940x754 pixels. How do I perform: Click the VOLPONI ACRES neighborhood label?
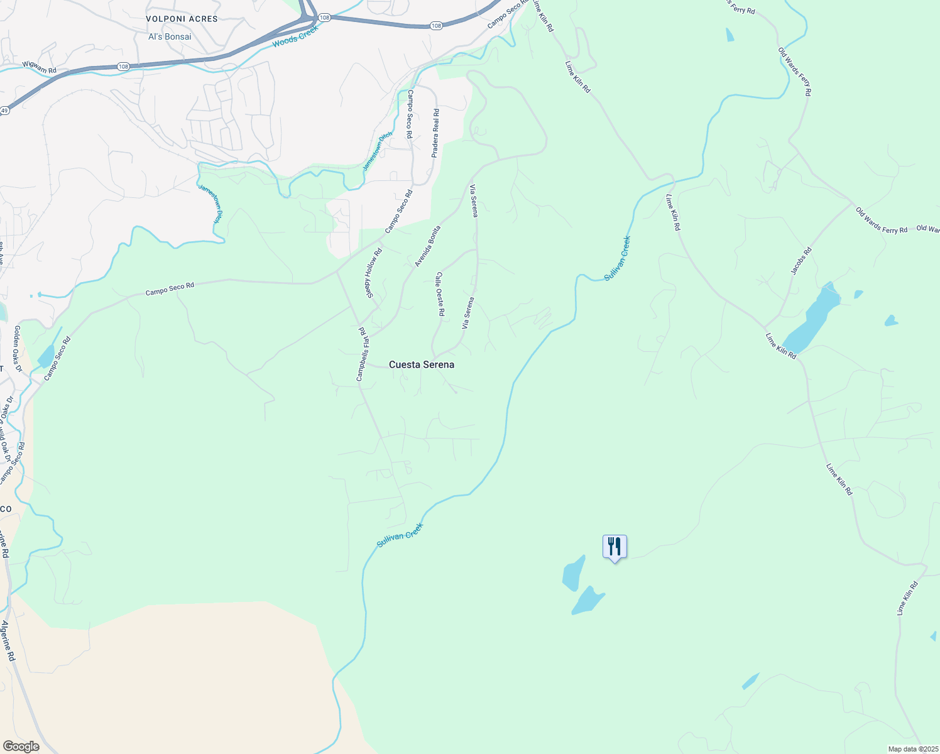(182, 19)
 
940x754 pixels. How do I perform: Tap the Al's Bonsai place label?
(170, 36)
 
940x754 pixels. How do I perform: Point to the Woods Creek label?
(295, 37)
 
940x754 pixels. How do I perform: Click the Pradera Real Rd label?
(435, 133)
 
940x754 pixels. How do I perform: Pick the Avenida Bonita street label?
(428, 246)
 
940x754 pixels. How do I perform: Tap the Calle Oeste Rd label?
(440, 293)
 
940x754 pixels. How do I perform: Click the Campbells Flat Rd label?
(363, 354)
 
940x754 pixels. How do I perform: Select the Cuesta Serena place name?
(422, 364)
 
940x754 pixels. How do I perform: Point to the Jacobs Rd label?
(801, 261)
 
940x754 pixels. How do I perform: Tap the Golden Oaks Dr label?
(18, 349)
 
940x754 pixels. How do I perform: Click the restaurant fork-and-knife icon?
(615, 546)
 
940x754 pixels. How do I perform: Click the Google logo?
(21, 746)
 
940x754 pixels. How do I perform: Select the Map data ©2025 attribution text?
(912, 749)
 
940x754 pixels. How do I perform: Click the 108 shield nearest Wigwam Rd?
(123, 67)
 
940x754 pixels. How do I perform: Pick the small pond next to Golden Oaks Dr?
(46, 356)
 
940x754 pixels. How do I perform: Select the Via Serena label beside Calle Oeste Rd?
(467, 313)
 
